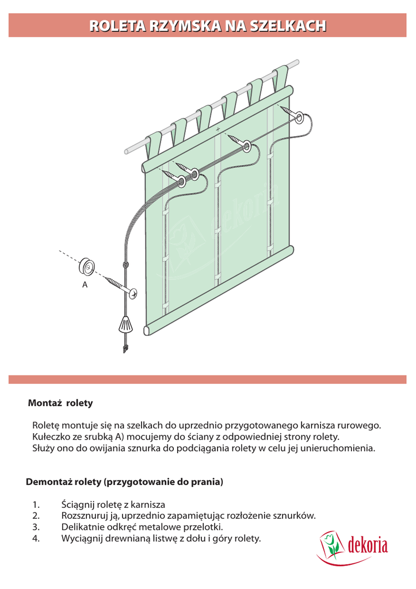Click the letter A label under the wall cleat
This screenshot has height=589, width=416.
[x=85, y=284]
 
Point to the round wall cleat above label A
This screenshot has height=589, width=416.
[x=87, y=266]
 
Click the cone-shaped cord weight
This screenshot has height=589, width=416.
[x=126, y=325]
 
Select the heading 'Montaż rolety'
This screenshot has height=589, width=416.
[x=60, y=403]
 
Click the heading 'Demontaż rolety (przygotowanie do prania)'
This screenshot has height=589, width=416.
[x=124, y=481]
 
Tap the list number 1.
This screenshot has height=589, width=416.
[x=35, y=504]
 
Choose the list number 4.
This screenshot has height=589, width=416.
[x=36, y=539]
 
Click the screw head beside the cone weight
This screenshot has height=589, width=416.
[x=133, y=293]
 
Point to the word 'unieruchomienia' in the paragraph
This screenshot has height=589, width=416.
[x=341, y=448]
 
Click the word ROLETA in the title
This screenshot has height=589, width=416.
[x=117, y=25]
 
